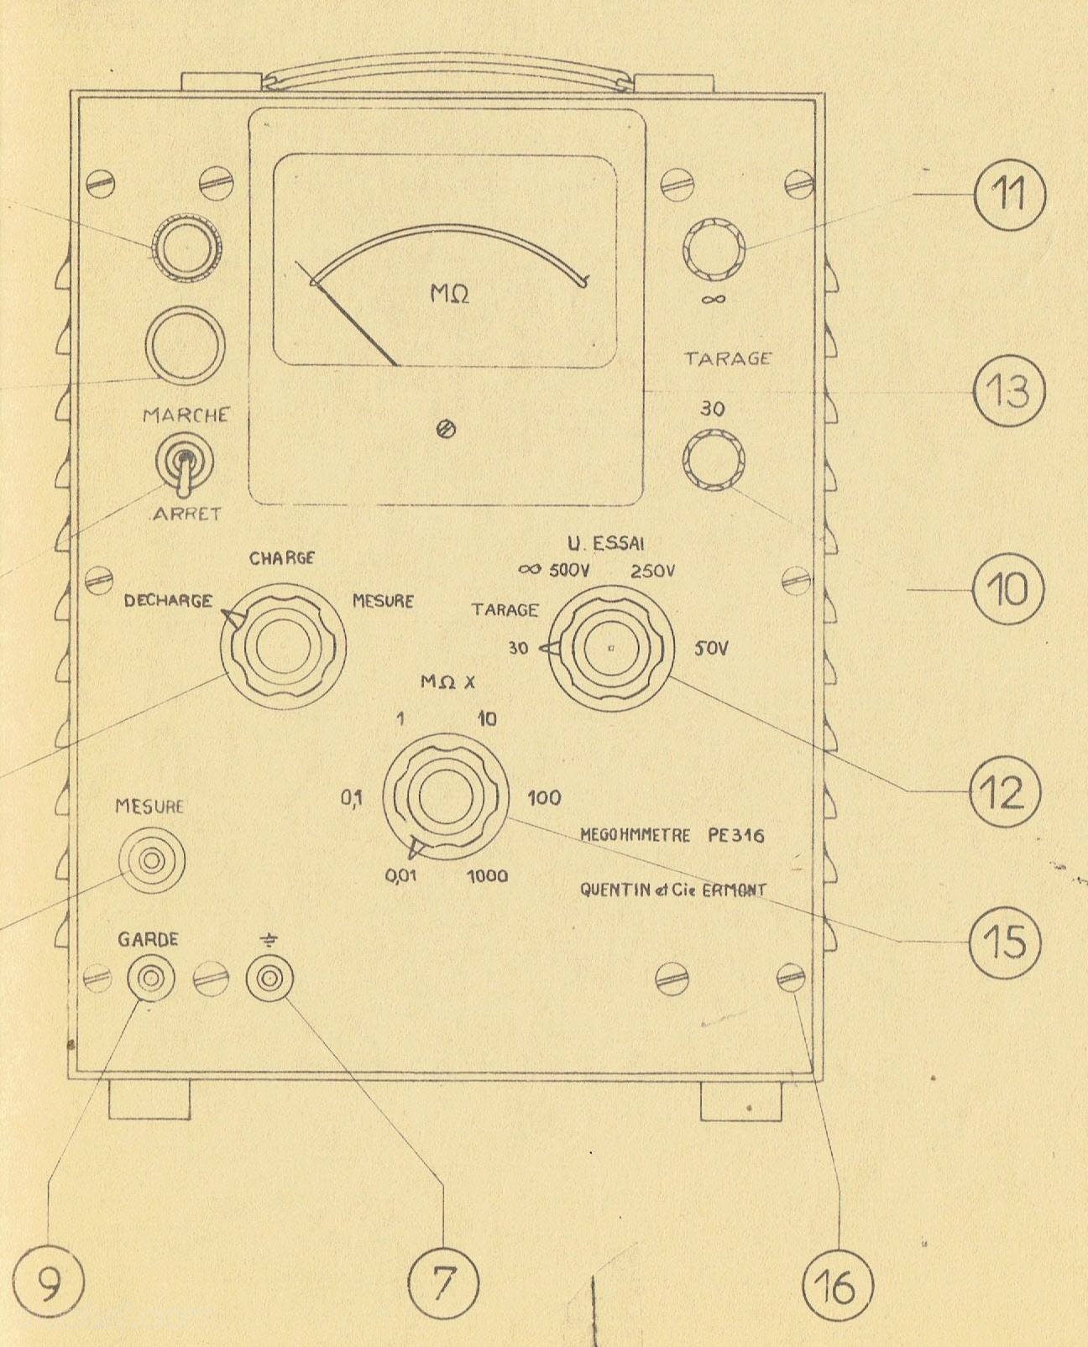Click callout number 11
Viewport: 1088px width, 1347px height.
1010,195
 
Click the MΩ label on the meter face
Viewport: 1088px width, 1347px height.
450,294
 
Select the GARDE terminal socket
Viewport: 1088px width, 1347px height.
150,979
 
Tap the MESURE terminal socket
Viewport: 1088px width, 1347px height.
151,861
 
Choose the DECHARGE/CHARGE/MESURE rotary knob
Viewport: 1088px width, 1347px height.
283,646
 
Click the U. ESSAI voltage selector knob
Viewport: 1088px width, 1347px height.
610,649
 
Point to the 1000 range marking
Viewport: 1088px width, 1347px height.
488,876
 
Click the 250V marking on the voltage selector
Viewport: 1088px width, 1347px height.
652,571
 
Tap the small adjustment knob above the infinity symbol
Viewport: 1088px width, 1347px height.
714,249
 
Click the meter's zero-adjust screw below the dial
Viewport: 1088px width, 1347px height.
447,430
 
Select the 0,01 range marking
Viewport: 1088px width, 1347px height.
400,878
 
